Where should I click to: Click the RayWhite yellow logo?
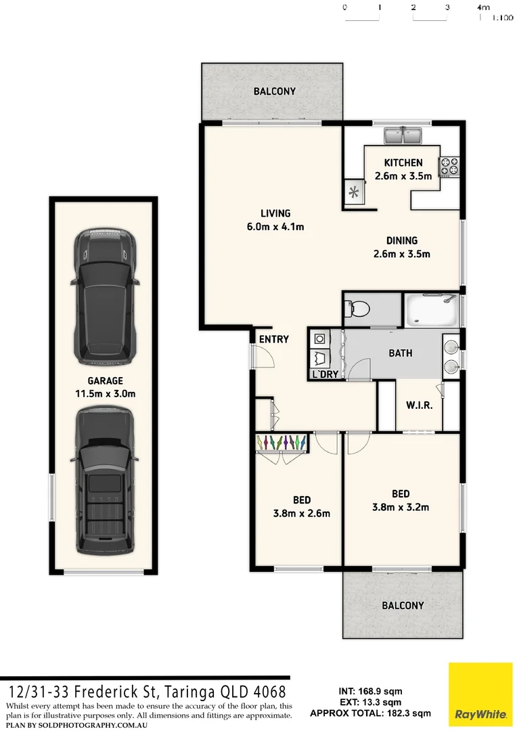(x=480, y=694)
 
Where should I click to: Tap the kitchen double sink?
(x=403, y=136)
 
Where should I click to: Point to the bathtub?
(x=431, y=310)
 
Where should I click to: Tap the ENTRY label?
(x=273, y=339)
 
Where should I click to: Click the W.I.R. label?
(x=420, y=405)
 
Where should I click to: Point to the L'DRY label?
(x=325, y=374)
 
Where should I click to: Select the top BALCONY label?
(x=274, y=91)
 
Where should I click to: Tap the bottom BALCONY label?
(x=403, y=605)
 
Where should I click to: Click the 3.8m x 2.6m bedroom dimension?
(x=302, y=513)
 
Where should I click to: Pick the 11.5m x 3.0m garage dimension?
(x=106, y=393)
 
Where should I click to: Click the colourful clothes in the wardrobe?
(x=284, y=442)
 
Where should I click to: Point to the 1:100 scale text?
(x=501, y=18)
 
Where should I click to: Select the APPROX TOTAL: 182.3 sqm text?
(x=370, y=713)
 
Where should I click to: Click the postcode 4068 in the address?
(x=268, y=692)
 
